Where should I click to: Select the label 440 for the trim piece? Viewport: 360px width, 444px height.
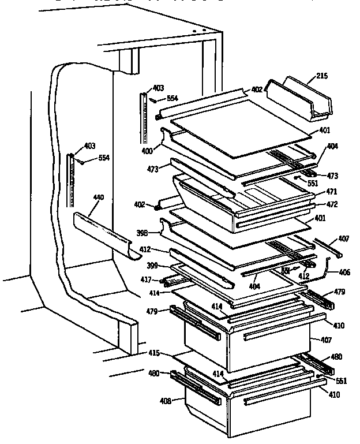pyautogui.click(x=99, y=197)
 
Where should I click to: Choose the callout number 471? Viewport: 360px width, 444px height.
pyautogui.click(x=331, y=191)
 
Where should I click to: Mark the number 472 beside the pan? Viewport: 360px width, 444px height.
pyautogui.click(x=331, y=204)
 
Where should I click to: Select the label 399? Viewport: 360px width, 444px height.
pyautogui.click(x=151, y=266)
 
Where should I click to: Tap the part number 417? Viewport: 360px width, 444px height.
pyautogui.click(x=147, y=280)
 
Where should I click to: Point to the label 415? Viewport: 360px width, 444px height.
pyautogui.click(x=153, y=353)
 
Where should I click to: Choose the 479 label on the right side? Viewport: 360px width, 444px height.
pyautogui.click(x=339, y=292)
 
